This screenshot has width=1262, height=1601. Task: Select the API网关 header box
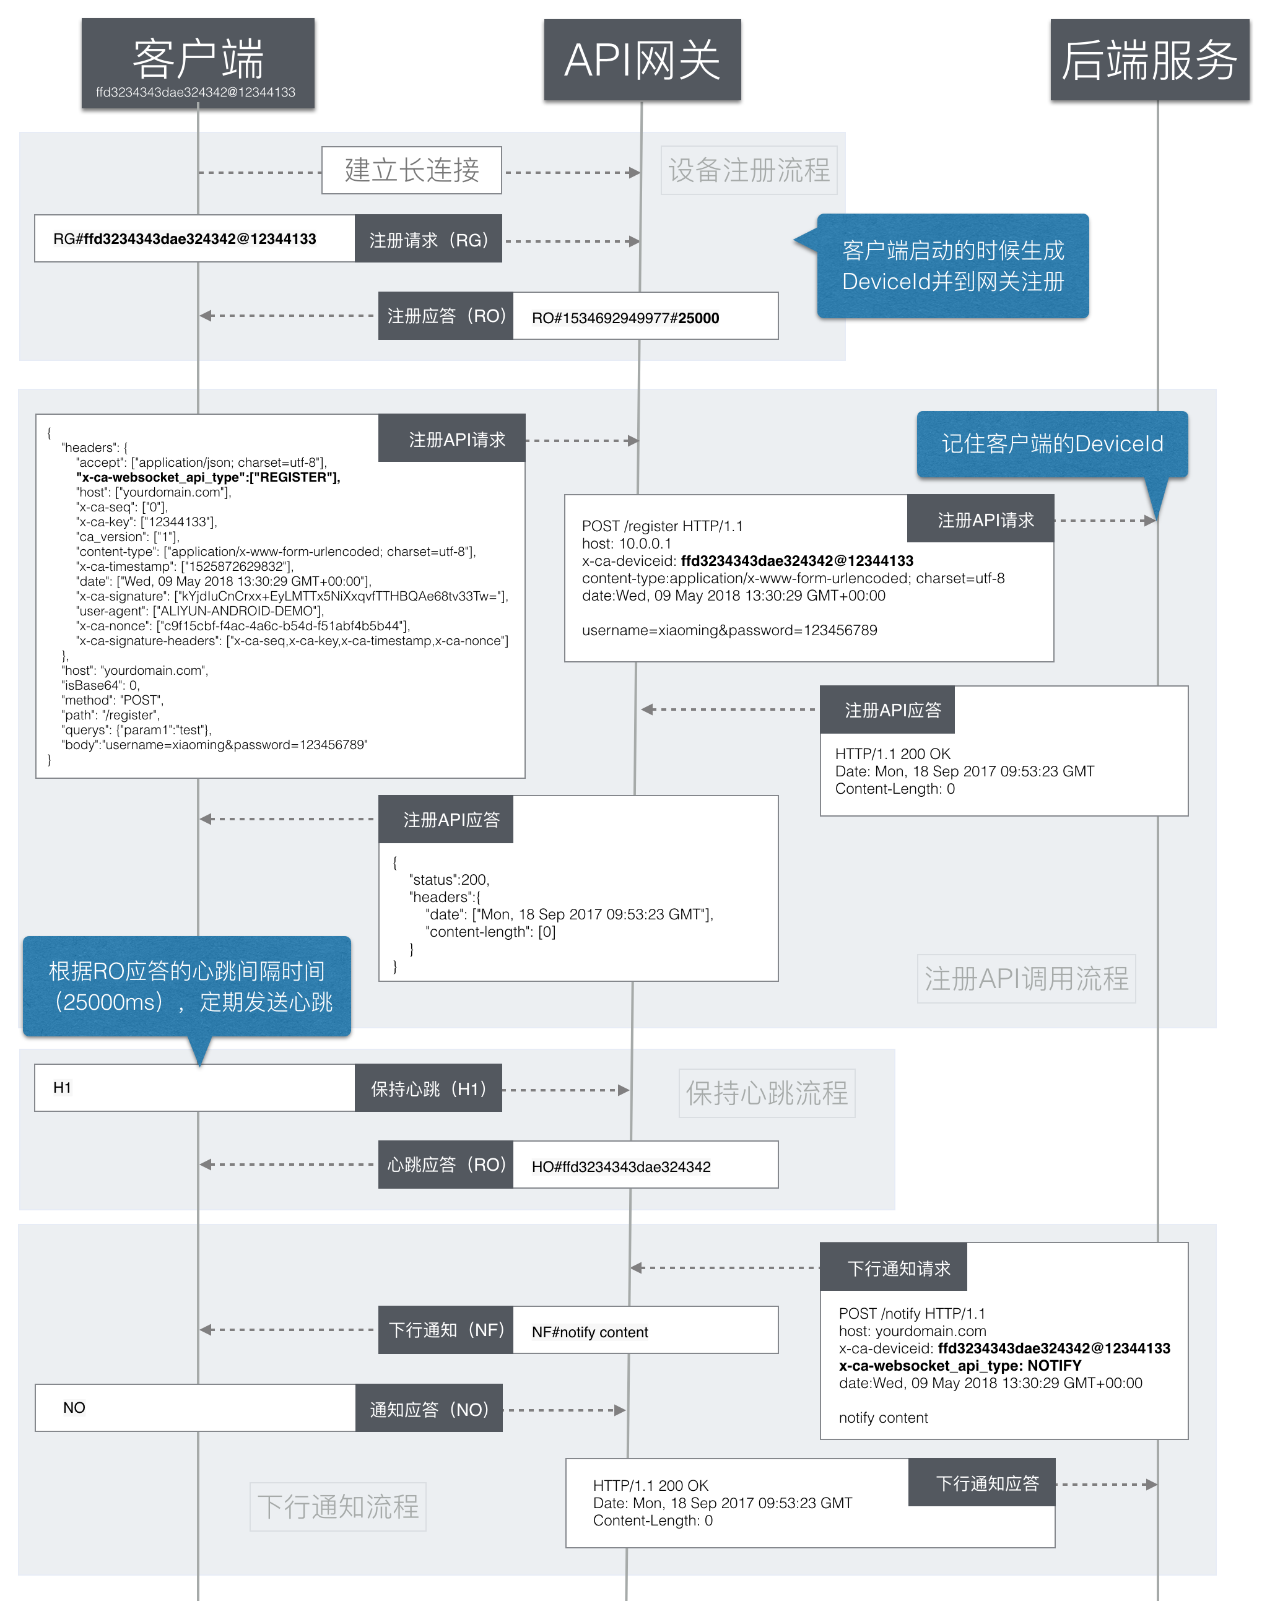coord(642,60)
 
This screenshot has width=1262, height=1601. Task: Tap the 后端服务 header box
coord(1150,60)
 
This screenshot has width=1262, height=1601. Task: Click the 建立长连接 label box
coord(412,171)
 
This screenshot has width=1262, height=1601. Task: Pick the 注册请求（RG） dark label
coord(429,238)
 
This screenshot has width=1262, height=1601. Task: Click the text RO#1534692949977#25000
coord(625,318)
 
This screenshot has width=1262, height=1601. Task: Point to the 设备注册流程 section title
coord(749,171)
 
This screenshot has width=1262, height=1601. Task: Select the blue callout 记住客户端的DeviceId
coord(1052,444)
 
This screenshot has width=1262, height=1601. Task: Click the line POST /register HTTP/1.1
coord(662,526)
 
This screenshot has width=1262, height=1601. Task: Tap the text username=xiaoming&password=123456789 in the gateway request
coord(729,630)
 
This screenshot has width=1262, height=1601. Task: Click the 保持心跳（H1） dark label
coord(429,1088)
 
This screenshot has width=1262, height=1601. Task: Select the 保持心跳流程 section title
coord(767,1093)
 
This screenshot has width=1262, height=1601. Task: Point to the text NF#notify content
coord(590,1332)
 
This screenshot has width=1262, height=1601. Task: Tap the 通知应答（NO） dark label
coord(429,1408)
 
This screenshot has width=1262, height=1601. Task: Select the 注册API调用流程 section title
coord(1026,979)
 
